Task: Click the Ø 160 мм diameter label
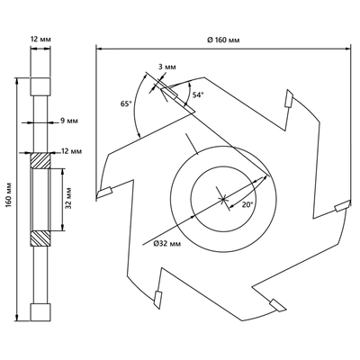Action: click(x=224, y=40)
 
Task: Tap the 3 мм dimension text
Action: click(x=166, y=67)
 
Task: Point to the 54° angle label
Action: click(x=198, y=94)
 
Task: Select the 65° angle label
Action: click(x=126, y=103)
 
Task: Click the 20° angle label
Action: click(x=247, y=204)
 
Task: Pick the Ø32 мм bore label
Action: click(x=167, y=244)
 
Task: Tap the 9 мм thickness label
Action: click(x=69, y=121)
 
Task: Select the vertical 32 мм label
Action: click(x=68, y=198)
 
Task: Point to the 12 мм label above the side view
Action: click(x=40, y=40)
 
